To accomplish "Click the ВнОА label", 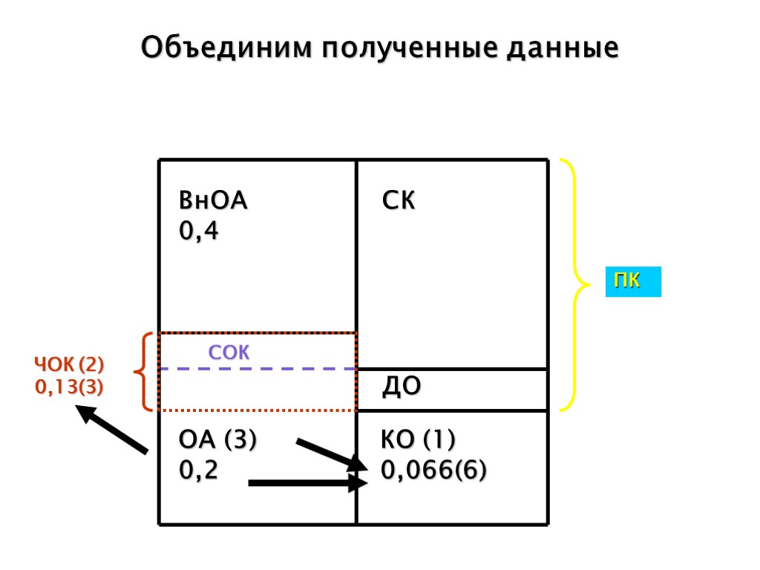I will (213, 201).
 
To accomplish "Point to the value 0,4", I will (199, 232).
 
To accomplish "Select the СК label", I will (399, 201).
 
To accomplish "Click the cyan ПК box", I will (632, 283).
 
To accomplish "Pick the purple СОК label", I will (229, 353).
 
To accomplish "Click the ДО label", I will (402, 386).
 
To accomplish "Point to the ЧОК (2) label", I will (69, 365).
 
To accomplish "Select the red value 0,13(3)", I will (69, 387).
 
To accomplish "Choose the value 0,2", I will (199, 471).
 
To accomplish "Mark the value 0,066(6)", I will (434, 471).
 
